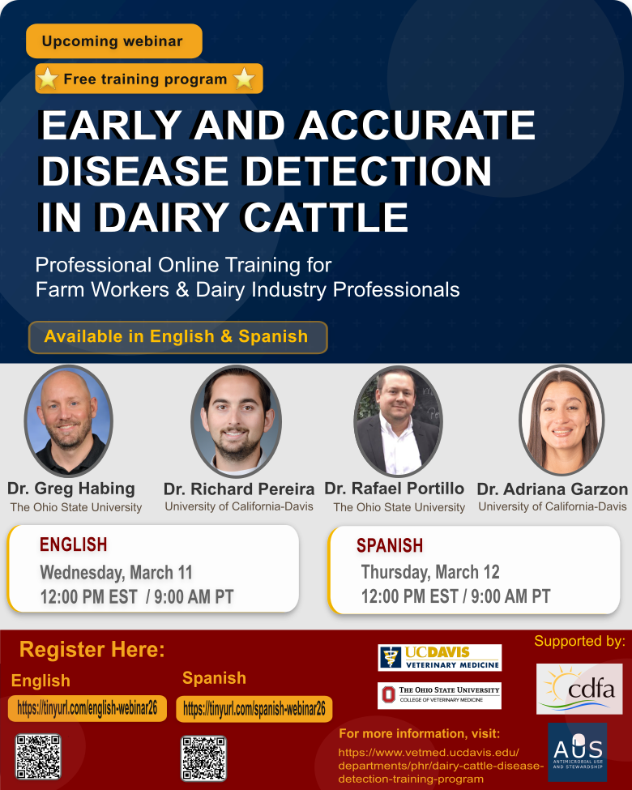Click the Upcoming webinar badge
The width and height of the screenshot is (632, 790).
coord(114,41)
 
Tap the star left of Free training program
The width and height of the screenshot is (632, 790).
coord(47,79)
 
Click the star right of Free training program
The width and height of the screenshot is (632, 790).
coord(245,79)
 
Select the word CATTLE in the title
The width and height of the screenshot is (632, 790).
coord(326,218)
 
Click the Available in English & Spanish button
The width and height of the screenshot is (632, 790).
coord(178,337)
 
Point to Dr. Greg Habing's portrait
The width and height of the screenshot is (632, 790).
coord(69,421)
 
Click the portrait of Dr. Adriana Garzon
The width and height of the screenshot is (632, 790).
coord(562,421)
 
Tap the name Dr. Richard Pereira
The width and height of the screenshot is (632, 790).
coord(239,489)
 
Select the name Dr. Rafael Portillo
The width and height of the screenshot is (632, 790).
coord(394,489)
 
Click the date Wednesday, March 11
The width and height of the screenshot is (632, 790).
coord(117,572)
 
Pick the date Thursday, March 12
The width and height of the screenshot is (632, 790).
coord(430,572)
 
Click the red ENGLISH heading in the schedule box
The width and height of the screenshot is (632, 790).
coord(74,544)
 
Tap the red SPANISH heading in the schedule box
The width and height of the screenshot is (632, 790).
coord(390,545)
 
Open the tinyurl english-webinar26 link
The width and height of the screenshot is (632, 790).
coord(88,708)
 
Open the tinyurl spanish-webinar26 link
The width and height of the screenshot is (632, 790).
coord(254,709)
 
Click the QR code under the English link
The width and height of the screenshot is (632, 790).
coord(38,757)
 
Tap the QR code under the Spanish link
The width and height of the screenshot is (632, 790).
coord(203,758)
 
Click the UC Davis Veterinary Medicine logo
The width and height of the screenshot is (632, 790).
coord(440,657)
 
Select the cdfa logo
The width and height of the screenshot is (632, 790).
coord(579,689)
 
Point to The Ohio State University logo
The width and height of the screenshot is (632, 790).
coord(439,695)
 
